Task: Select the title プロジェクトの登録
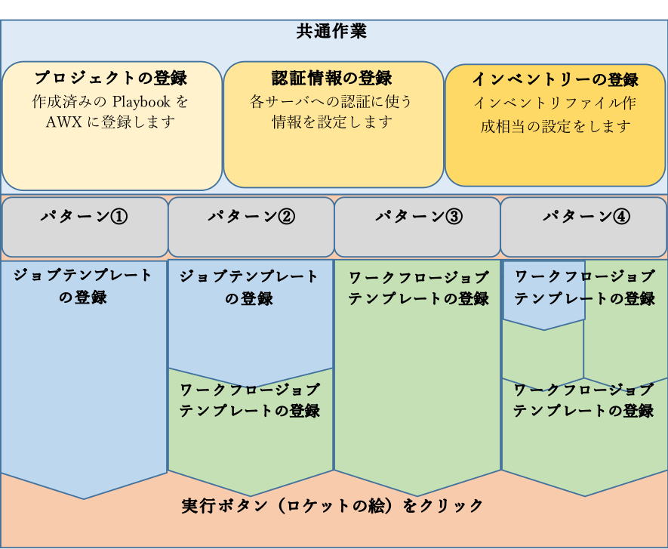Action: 110,78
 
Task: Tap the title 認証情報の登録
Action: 332,78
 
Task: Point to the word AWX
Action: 64,122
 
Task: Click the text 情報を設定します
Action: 332,122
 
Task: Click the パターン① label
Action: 84,217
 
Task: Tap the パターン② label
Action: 251,217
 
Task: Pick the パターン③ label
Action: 418,217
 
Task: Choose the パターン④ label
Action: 585,217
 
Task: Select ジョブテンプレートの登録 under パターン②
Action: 249,287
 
